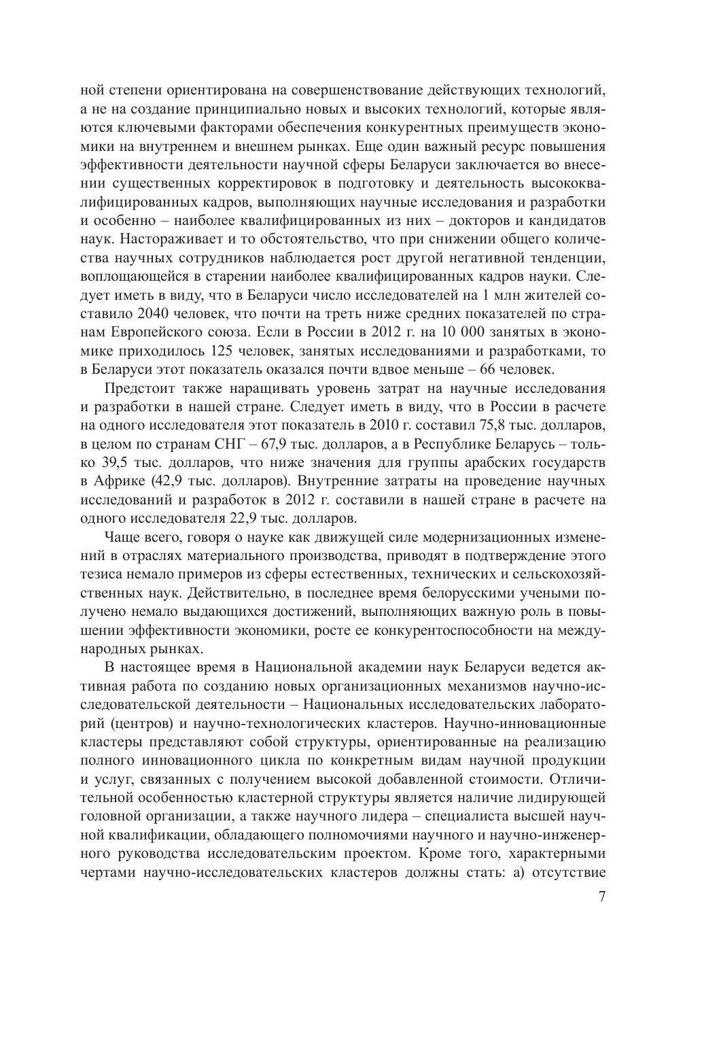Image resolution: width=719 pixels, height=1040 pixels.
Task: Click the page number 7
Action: point(601,897)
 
